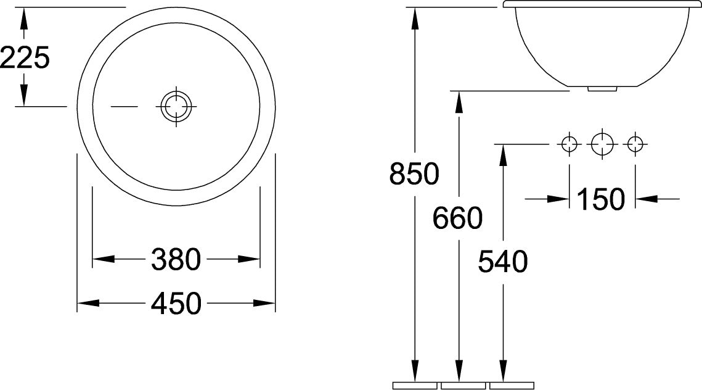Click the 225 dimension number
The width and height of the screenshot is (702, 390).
click(25, 58)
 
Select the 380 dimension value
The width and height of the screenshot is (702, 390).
click(176, 260)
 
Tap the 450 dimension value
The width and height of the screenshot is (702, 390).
click(176, 304)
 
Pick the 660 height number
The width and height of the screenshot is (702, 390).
click(457, 218)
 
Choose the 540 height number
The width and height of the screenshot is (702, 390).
click(503, 262)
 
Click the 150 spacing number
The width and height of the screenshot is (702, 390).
click(601, 199)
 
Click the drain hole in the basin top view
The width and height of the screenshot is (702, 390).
click(176, 107)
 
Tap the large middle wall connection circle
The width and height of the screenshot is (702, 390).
click(602, 144)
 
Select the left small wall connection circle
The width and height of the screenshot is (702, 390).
click(569, 144)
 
